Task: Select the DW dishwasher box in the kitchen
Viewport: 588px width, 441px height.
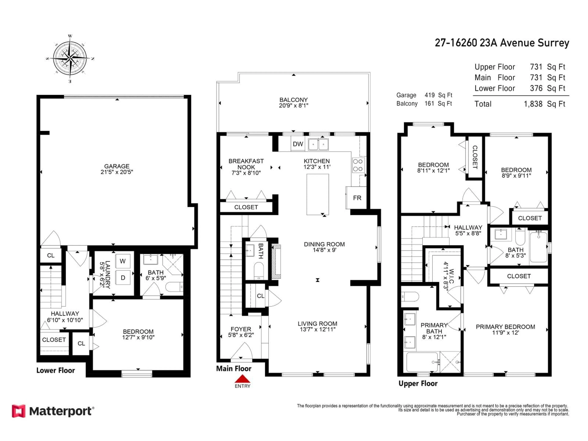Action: pos(298,144)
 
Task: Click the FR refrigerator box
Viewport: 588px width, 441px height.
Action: pos(357,198)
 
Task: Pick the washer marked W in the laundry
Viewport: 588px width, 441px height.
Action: pos(123,261)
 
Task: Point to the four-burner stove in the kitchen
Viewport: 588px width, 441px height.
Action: pos(358,165)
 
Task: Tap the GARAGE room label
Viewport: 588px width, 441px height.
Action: pos(117,166)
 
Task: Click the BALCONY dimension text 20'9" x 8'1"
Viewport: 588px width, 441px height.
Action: pos(294,106)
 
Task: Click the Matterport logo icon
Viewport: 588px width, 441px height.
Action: pos(19,411)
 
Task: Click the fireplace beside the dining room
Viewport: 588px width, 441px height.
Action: pos(276,261)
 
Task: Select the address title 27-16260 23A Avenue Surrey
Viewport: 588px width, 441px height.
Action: pos(502,43)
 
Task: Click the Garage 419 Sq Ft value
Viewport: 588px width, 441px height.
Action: pos(438,95)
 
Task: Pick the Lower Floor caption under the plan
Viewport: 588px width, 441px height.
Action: pos(56,370)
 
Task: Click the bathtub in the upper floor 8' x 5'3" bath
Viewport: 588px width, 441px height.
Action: pos(538,247)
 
